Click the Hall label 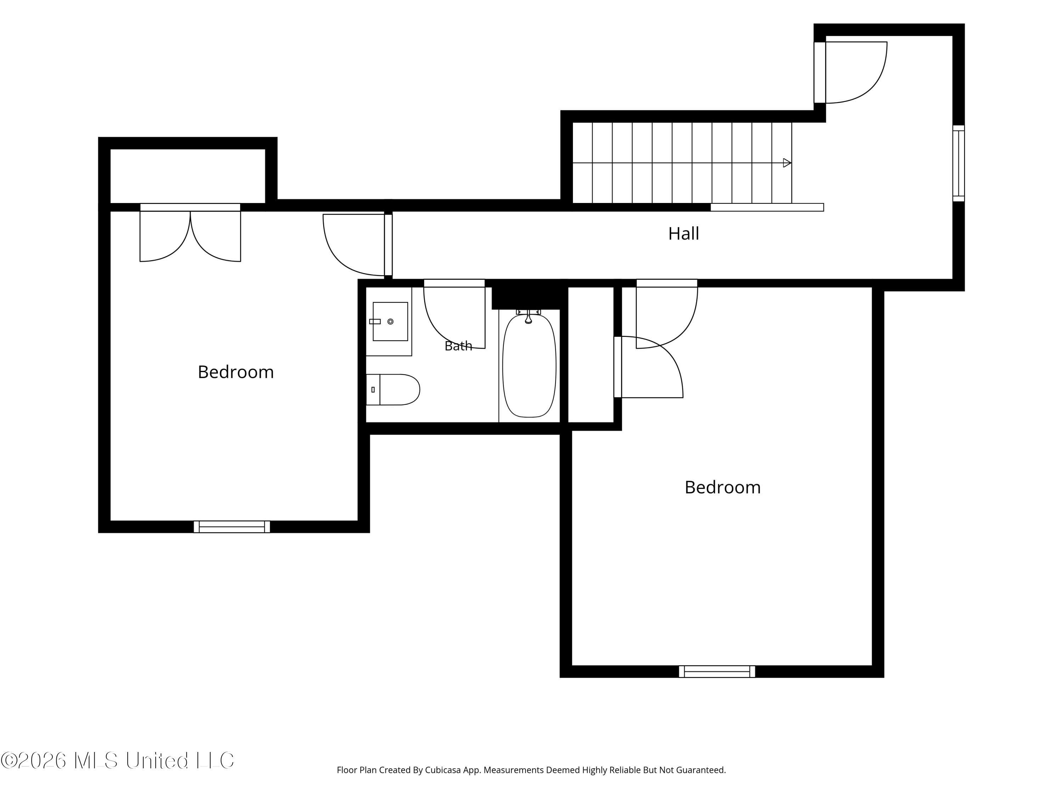click(684, 233)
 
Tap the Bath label click(458, 346)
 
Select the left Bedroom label click(236, 372)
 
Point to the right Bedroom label click(722, 487)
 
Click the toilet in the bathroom click(393, 390)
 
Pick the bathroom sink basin click(390, 321)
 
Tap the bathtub click(529, 366)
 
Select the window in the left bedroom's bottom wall click(232, 526)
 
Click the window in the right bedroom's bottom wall click(716, 671)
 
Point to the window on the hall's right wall click(958, 163)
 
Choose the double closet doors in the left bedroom click(190, 236)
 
